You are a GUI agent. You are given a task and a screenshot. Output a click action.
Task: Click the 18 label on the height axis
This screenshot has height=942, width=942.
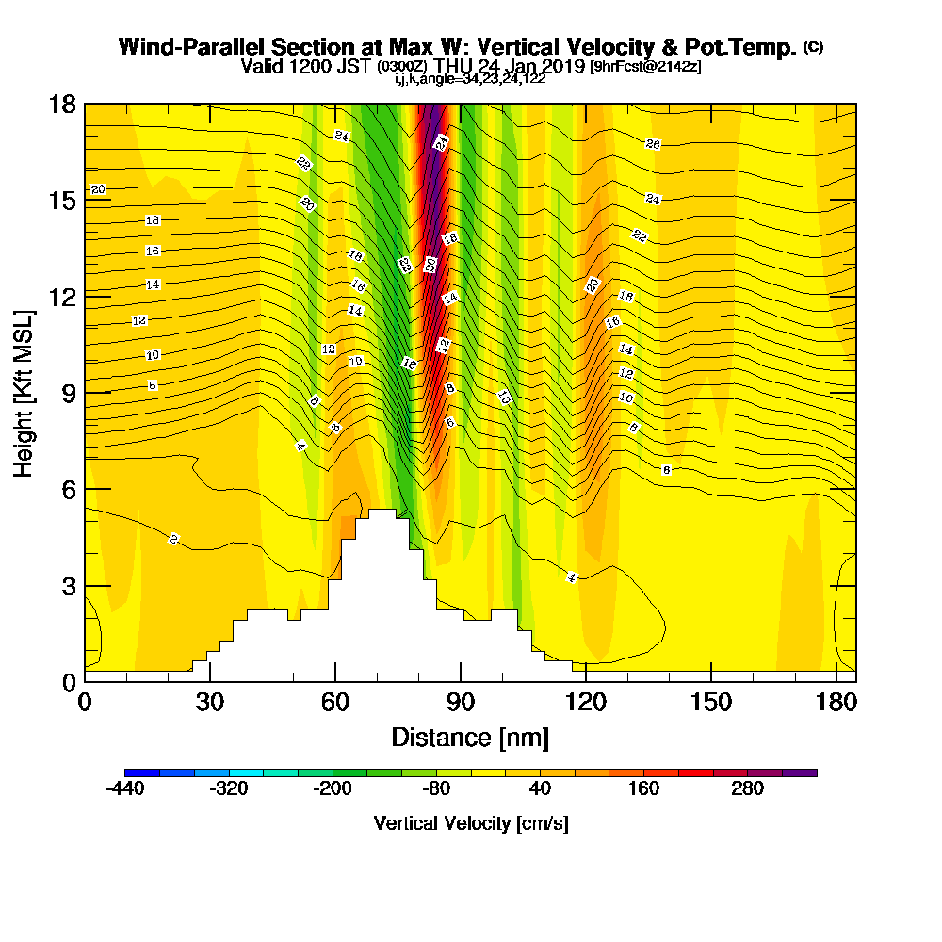pyautogui.click(x=61, y=104)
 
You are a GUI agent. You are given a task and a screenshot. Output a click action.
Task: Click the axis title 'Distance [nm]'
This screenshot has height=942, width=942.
pyautogui.click(x=470, y=737)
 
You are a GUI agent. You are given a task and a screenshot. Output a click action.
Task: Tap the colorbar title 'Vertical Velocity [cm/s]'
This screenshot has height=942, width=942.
pyautogui.click(x=471, y=823)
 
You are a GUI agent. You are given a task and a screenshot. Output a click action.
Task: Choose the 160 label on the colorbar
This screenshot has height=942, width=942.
pyautogui.click(x=644, y=789)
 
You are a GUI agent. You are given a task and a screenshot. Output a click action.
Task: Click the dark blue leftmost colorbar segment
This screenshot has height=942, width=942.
pyautogui.click(x=142, y=772)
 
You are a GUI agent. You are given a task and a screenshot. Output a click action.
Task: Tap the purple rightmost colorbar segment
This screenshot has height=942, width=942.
pyautogui.click(x=800, y=772)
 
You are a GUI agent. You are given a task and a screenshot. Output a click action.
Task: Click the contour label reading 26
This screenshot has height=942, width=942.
pyautogui.click(x=653, y=144)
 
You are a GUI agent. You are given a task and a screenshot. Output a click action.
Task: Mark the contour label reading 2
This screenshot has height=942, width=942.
pyautogui.click(x=174, y=539)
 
